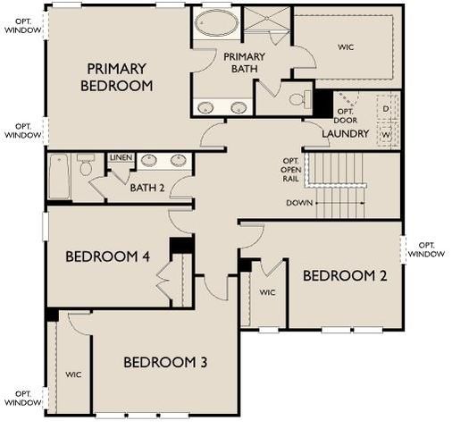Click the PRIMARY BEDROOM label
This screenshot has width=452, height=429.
(116, 77)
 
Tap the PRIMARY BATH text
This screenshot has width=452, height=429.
(244, 63)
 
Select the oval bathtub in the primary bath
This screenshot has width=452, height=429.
(215, 23)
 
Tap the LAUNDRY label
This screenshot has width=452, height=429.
(346, 134)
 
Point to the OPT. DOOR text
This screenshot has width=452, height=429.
(346, 115)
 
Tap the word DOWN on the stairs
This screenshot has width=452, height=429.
(299, 203)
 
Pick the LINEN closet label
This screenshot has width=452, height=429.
(121, 158)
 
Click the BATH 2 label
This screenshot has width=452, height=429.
(147, 187)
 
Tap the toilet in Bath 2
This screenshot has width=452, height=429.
(87, 165)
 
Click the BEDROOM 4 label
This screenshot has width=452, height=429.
(107, 257)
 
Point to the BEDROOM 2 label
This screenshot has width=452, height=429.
(345, 275)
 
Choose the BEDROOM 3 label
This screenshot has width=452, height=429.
(165, 362)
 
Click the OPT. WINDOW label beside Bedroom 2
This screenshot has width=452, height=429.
(426, 249)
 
